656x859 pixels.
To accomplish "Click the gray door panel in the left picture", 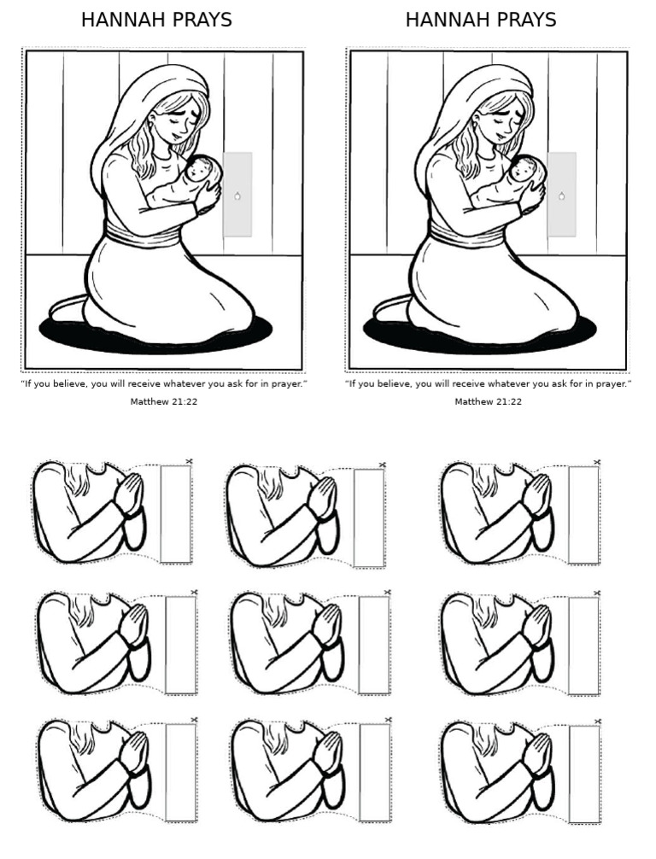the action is click(x=237, y=195).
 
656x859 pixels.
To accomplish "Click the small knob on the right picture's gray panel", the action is click(x=562, y=196).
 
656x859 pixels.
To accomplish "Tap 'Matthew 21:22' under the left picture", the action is click(x=164, y=401).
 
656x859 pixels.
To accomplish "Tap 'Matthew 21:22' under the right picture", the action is click(x=489, y=401).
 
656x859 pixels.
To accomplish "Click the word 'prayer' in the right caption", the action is click(x=612, y=384).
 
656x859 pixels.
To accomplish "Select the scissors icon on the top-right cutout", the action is click(x=597, y=461).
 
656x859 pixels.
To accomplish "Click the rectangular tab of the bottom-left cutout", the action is click(x=181, y=773).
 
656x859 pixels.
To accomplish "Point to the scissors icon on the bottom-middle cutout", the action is click(x=389, y=719).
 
